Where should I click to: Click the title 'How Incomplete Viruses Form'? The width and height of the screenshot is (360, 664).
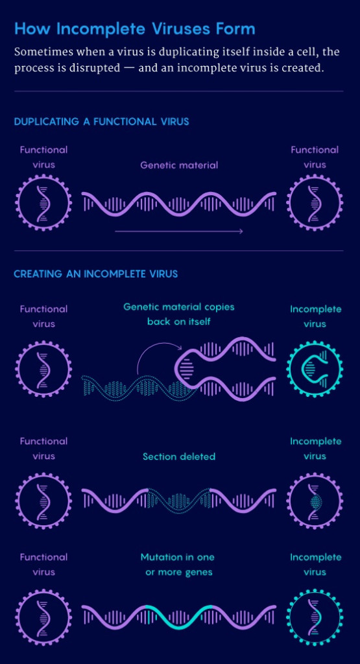point(135,29)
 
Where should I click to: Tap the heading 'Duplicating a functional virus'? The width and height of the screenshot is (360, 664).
point(102,122)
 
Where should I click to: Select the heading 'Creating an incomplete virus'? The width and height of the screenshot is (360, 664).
point(96,274)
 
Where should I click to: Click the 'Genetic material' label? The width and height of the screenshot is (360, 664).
point(179,165)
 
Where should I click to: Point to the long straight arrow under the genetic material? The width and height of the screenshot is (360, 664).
point(179,231)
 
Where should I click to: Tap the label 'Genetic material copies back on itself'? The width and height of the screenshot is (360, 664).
point(179,314)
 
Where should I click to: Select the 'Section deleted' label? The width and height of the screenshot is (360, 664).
point(179,456)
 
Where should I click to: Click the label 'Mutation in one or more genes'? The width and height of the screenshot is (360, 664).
point(178,565)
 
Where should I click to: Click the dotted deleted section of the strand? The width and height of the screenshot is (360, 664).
point(179,501)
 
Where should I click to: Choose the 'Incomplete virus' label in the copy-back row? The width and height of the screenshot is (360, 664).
point(315,316)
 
